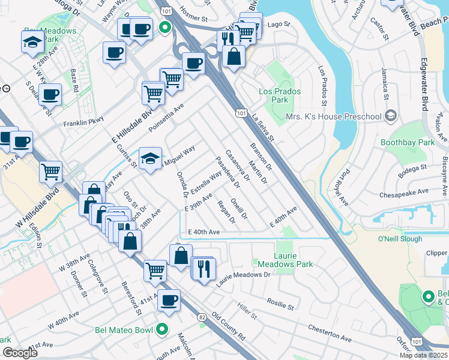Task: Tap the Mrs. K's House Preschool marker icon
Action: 391,115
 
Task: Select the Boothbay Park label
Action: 408,142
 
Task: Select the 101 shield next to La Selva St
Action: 241,112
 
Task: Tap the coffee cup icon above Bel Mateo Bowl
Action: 169,299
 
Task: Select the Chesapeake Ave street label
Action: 404,194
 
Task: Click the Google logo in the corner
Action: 20,353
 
